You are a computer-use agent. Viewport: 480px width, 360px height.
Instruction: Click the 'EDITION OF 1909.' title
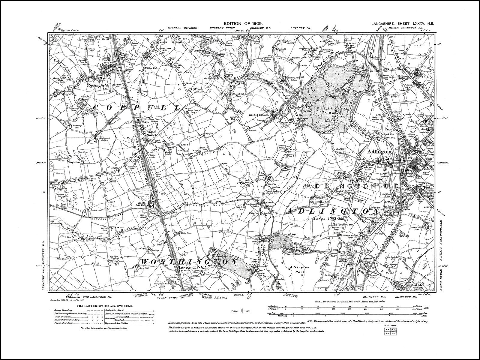[243, 23]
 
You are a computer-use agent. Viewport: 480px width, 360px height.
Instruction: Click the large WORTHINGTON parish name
[189, 262]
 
